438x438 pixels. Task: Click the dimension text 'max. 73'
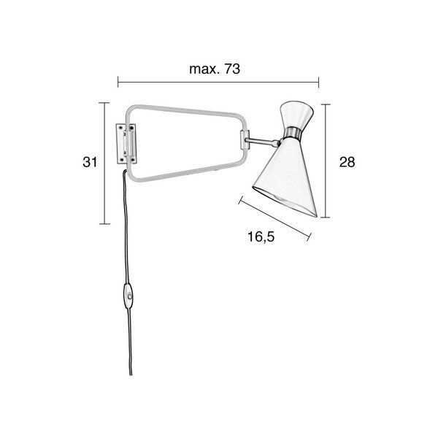point(215,69)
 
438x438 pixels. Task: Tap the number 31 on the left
point(90,162)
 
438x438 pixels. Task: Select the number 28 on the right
point(347,162)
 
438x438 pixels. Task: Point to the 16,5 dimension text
point(261,237)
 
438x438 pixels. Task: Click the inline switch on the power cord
point(128,296)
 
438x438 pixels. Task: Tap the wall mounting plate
point(126,144)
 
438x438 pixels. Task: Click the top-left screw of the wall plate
point(120,128)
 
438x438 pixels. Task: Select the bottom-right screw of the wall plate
point(133,160)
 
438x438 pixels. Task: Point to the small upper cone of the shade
point(296,115)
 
